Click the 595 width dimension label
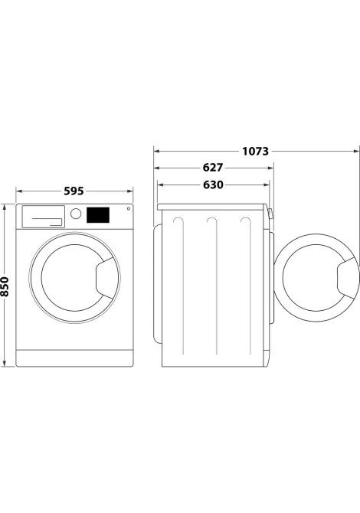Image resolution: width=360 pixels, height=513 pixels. (74, 191)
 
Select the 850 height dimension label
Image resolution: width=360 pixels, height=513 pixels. (5, 286)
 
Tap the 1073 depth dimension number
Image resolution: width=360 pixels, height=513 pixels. (255, 151)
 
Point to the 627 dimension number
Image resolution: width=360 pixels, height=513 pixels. (213, 168)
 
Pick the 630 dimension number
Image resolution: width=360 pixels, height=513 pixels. (213, 185)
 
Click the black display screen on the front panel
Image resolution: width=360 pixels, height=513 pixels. (98, 214)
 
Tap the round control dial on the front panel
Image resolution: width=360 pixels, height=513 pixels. (76, 214)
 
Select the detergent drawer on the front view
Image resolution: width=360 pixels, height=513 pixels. (43, 216)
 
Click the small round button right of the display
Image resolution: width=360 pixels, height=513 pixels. (129, 208)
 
